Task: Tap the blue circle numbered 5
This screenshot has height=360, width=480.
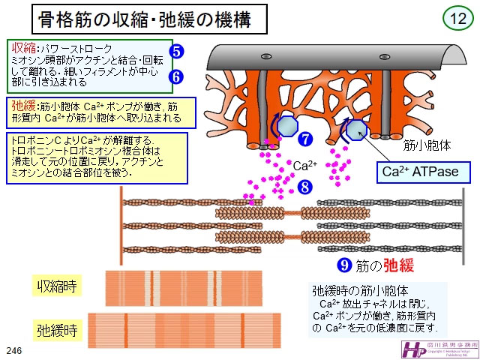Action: (176, 52)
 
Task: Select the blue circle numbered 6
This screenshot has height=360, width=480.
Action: (176, 76)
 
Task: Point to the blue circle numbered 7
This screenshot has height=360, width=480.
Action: (304, 139)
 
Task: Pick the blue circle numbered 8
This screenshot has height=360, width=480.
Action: (304, 187)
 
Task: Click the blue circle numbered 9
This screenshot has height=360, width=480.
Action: (345, 265)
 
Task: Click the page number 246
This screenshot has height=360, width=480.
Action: (13, 351)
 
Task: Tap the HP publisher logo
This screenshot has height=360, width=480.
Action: (413, 349)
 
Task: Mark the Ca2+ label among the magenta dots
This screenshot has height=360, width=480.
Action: (304, 165)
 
